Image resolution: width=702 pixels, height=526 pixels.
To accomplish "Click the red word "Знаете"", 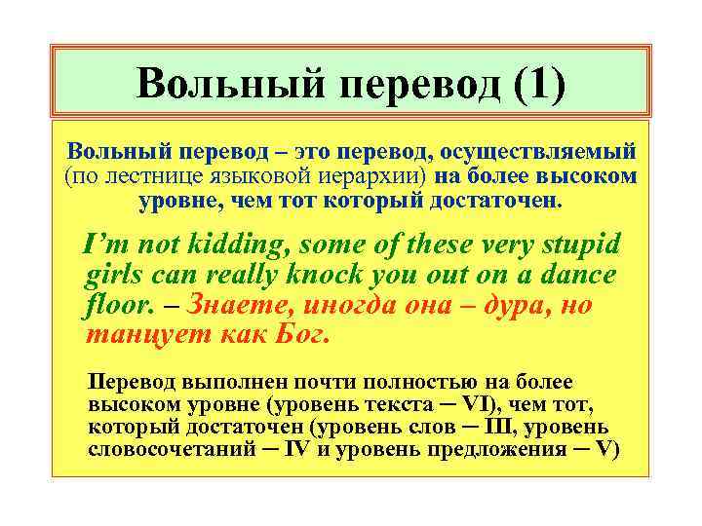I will tap(240, 306).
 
